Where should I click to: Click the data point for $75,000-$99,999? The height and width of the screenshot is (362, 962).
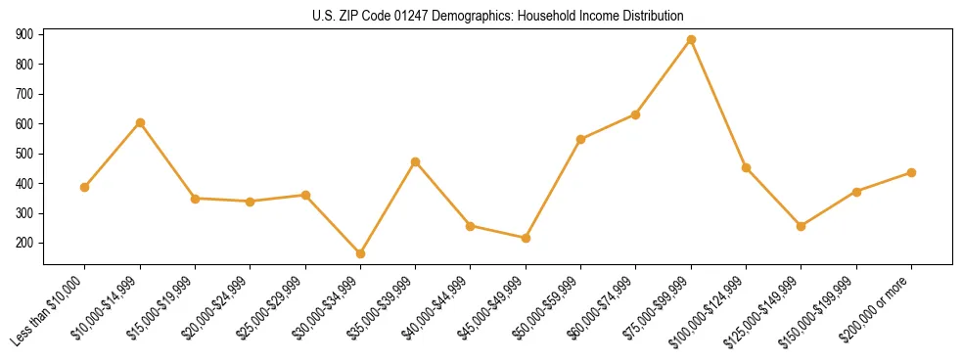coord(691,40)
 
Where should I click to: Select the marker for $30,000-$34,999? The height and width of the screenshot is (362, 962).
coord(360,253)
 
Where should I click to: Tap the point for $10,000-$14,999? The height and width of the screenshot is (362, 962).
coord(140,122)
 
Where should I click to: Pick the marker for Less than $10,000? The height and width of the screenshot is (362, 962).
coord(85,187)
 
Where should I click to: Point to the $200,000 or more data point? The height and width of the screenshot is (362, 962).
coord(911,172)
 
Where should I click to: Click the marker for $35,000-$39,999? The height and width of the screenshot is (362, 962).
coord(415,161)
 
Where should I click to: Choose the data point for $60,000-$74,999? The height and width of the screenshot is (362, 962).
coord(636,114)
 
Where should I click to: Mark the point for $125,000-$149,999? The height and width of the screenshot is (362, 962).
coord(802,226)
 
